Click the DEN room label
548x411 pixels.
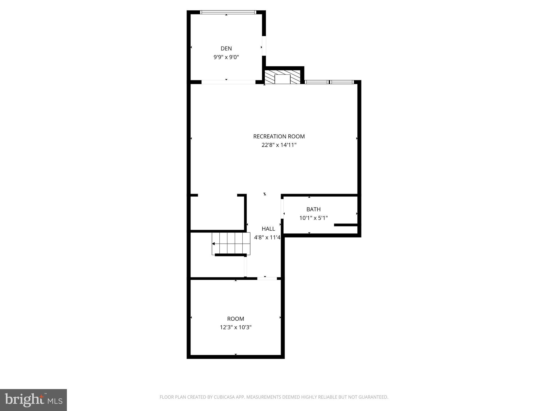coord(226,48)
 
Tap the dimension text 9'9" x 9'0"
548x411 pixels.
coord(226,57)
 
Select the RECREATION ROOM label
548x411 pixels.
coord(279,136)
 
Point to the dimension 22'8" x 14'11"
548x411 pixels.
coord(279,145)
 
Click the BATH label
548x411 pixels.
coord(313,209)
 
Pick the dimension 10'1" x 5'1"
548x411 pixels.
coord(313,218)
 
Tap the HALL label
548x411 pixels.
coord(268,229)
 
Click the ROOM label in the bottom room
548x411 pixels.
coord(235,319)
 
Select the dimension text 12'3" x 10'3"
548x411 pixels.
coord(235,327)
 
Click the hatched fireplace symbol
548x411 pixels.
coord(283,77)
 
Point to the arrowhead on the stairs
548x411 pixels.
coord(214,244)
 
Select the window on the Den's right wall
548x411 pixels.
coord(264,46)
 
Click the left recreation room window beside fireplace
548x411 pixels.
coord(317,82)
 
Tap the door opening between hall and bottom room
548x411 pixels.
coord(267,279)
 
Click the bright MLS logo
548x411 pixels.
coord(33,400)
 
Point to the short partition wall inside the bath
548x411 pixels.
coord(346,225)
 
